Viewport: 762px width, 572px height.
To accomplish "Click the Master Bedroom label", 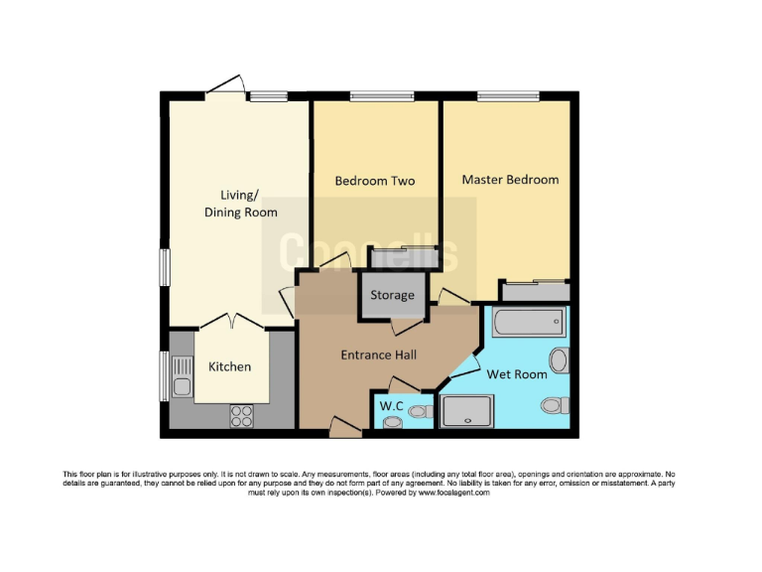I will [x=510, y=180].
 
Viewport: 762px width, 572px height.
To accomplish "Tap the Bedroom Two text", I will [x=374, y=181].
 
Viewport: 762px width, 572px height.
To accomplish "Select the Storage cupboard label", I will [x=392, y=296].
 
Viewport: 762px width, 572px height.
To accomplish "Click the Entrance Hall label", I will [x=378, y=355].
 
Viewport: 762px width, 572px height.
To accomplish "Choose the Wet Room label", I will [x=516, y=374].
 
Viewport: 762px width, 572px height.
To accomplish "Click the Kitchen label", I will [x=229, y=366].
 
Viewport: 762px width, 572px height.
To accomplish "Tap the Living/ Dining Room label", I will [x=240, y=204].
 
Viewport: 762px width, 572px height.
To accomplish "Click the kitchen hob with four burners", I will [x=242, y=415].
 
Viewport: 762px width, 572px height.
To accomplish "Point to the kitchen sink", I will [x=182, y=377].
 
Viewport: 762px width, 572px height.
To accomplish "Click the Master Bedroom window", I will [x=507, y=96].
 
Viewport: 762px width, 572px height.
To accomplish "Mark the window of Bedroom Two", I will [x=381, y=96].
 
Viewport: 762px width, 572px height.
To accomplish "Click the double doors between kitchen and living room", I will [x=230, y=322].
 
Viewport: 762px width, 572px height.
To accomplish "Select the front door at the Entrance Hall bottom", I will [x=344, y=428].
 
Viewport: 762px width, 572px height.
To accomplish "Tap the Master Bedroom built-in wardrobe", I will [x=535, y=291].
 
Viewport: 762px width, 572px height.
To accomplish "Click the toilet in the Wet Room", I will [x=556, y=405].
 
